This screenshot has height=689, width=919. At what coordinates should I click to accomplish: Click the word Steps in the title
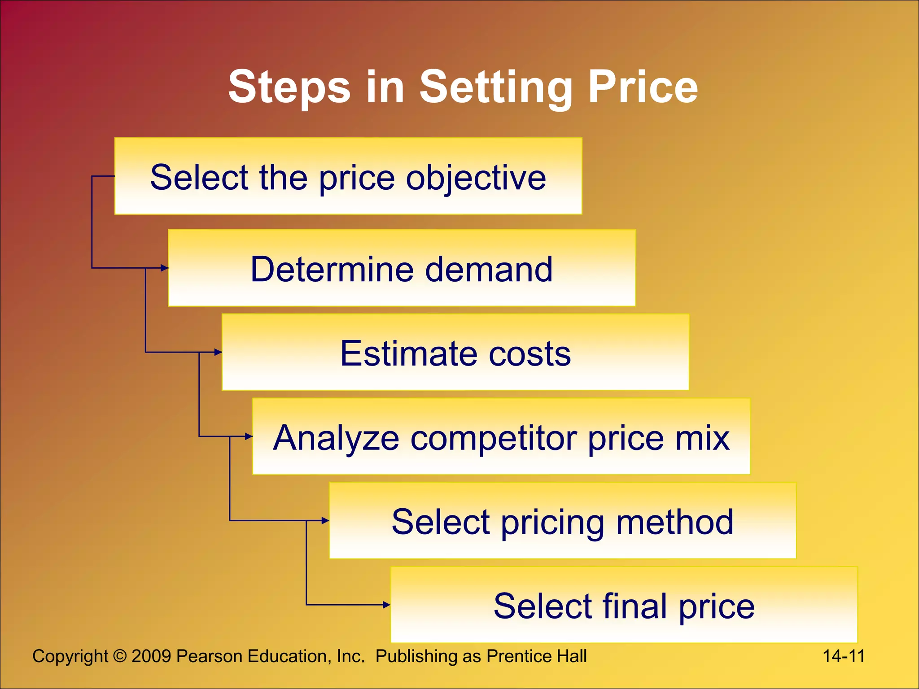(x=289, y=87)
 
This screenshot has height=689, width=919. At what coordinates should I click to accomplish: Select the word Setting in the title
(x=495, y=87)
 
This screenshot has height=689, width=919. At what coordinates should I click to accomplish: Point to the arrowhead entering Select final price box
(x=387, y=605)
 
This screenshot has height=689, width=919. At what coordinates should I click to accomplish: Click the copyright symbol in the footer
(x=120, y=656)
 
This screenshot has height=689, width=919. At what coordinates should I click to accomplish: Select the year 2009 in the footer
(x=151, y=656)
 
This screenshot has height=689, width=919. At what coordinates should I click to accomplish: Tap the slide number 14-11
(x=843, y=656)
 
